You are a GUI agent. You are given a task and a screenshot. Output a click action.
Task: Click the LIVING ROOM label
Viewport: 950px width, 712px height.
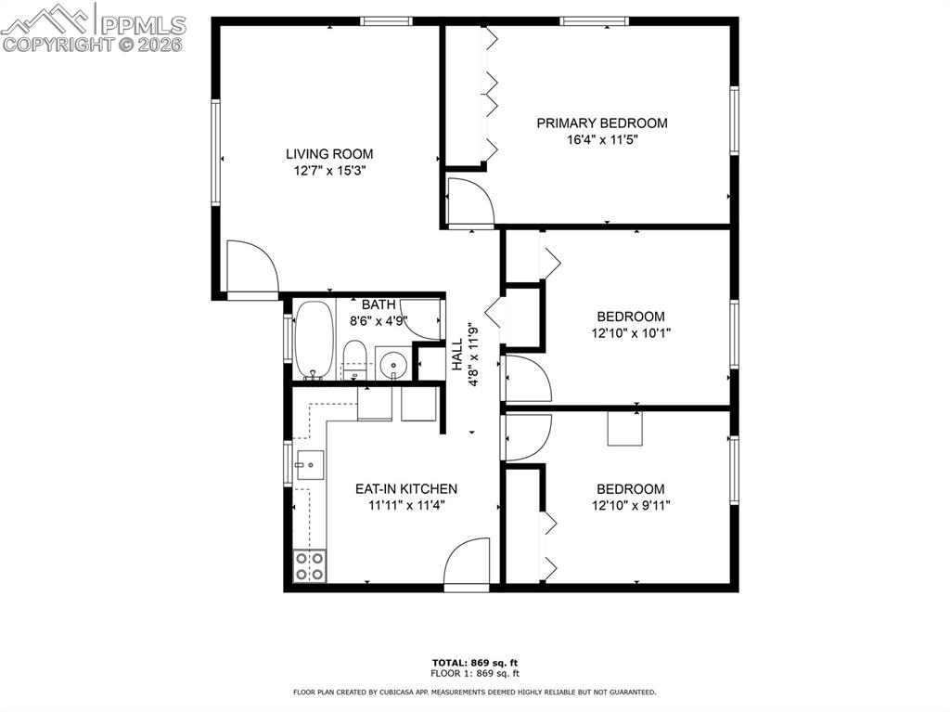[x=328, y=154]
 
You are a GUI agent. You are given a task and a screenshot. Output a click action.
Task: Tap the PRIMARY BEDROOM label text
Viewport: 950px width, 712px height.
[x=602, y=123]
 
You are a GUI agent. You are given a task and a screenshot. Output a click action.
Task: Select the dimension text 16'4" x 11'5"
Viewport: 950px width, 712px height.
[x=602, y=140]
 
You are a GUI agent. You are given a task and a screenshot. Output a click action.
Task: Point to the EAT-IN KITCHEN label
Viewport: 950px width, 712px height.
[x=406, y=488]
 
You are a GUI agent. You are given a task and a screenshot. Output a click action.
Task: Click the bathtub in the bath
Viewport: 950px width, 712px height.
[x=313, y=340]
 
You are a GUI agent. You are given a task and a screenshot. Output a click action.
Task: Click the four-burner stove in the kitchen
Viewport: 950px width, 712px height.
[x=309, y=565]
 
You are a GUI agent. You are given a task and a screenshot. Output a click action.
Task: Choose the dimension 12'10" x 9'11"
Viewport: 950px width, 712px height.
[x=630, y=506]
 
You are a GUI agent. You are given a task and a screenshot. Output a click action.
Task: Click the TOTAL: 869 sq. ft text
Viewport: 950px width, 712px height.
[x=474, y=662]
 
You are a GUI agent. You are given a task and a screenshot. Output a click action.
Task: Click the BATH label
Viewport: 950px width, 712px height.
[x=379, y=304]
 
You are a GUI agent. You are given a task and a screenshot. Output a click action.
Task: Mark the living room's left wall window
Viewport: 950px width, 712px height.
[x=216, y=152]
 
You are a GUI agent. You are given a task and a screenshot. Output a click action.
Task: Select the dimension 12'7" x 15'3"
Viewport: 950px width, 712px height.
[x=328, y=171]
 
